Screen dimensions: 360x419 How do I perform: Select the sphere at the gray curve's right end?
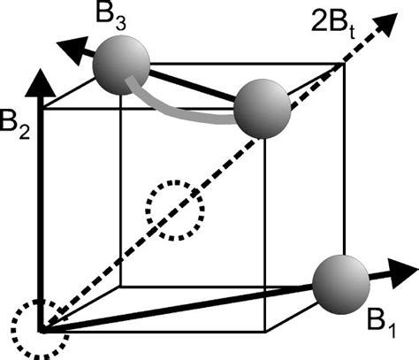point(263,109)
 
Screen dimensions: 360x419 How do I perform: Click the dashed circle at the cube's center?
point(175,211)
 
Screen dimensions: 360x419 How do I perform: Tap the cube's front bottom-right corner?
point(266,328)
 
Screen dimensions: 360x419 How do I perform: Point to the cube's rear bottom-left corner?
point(120,287)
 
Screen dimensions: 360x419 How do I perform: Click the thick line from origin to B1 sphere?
point(177,306)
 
